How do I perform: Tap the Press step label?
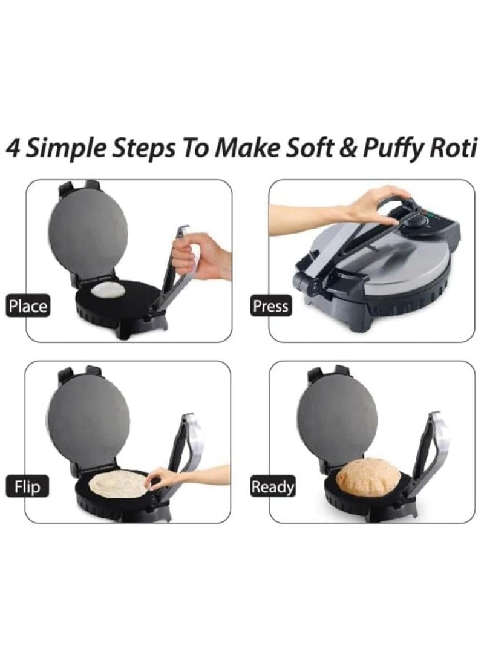(270, 306)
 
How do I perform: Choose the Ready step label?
(273, 486)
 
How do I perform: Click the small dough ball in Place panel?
(108, 290)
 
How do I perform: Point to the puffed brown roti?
(368, 477)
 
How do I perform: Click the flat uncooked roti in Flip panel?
(117, 484)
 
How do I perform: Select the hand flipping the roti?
(162, 478)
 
